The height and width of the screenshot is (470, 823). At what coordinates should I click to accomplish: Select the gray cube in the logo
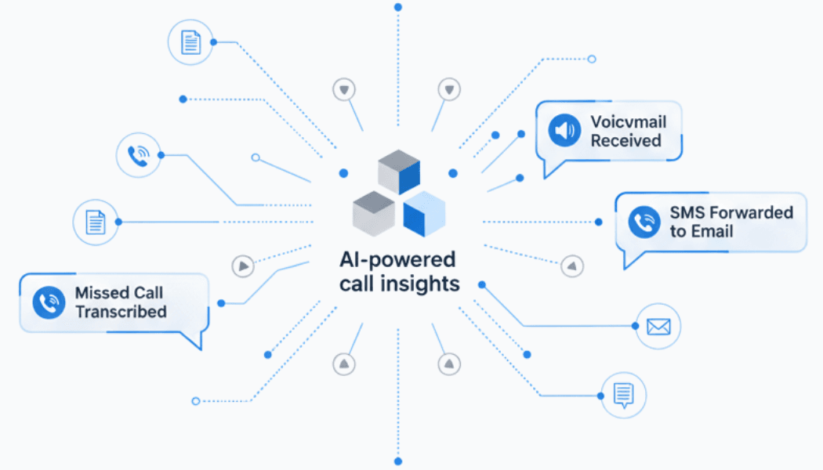pos(373,211)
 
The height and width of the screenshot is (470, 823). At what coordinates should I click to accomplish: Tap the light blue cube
pos(424,213)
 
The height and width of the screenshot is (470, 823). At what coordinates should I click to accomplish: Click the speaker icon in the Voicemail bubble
pos(564,131)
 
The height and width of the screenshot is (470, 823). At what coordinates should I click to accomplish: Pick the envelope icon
pos(658,327)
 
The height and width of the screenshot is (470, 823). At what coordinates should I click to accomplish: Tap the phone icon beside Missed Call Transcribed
pos(49,303)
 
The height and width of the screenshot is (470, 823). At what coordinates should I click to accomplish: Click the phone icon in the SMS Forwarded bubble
pos(644,222)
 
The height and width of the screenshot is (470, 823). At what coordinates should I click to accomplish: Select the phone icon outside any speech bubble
pos(138,155)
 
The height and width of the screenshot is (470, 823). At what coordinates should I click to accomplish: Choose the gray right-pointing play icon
pos(244,266)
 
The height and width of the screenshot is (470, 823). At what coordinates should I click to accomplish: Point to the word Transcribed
pos(121,312)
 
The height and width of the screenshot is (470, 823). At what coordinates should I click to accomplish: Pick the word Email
pos(712,231)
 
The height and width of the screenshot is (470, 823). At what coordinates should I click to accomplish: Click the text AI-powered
pos(398,259)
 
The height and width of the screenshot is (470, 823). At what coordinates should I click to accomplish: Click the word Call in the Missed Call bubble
pos(147,293)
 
